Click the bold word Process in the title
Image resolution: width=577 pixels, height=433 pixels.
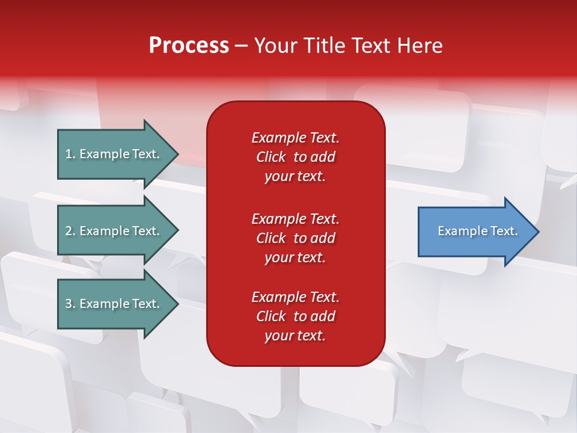tap(189, 46)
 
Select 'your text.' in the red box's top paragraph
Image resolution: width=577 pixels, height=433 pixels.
tap(295, 176)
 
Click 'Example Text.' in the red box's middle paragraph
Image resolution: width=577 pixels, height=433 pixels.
tap(295, 219)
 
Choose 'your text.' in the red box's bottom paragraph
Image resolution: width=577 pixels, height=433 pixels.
tap(295, 336)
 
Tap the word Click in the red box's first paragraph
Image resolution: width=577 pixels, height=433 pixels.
tap(270, 157)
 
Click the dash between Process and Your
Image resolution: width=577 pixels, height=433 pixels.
tap(241, 46)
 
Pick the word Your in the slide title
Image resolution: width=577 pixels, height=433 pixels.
tap(275, 46)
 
